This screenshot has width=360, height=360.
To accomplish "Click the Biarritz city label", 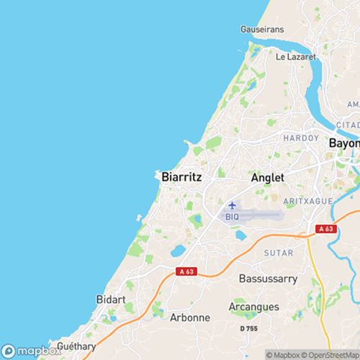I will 181,176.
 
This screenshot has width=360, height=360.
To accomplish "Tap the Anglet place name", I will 267,177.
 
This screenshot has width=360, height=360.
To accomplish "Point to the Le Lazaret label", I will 295,55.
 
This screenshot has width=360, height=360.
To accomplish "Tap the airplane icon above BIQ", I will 232,206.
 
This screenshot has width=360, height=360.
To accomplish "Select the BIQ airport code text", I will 232,216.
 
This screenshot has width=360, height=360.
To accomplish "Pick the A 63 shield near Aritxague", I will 326,229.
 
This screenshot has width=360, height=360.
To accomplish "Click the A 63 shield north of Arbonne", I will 186,271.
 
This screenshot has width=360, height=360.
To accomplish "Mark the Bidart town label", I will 111,298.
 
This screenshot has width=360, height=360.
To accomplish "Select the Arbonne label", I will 190,317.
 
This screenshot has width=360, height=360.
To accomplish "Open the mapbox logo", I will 29,351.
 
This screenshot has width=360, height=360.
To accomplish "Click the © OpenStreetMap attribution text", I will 332,354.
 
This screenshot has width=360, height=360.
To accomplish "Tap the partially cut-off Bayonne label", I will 343,143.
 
